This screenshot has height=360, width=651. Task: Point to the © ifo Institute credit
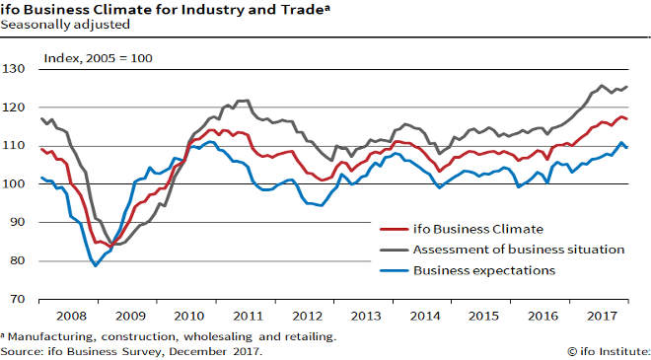pos(609,350)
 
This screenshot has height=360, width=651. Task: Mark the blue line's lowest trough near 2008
pos(96,265)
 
